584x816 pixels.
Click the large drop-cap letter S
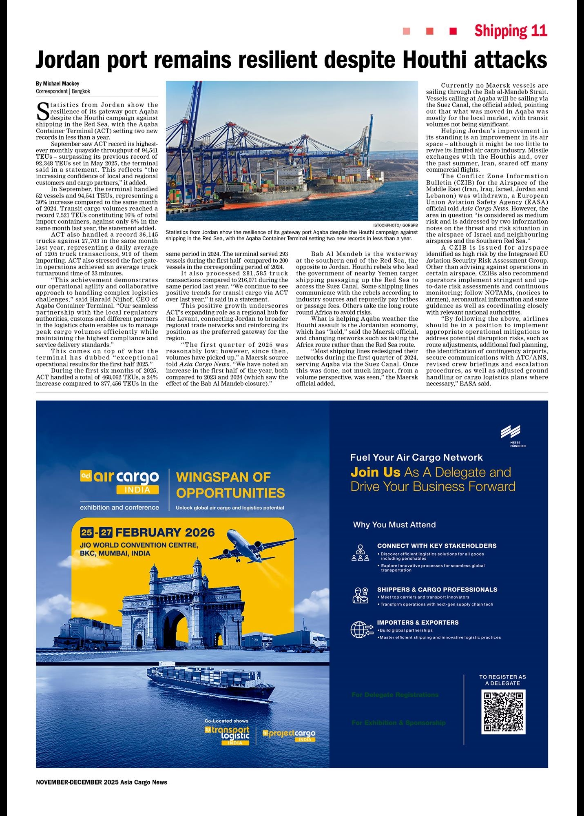[43, 111]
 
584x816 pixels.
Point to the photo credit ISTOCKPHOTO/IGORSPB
[395, 225]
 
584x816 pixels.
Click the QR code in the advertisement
[503, 712]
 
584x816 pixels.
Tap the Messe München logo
[511, 435]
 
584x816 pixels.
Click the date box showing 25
[86, 532]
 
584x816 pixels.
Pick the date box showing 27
[106, 532]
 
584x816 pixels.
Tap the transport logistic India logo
[227, 735]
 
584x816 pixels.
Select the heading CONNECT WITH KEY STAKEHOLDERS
[436, 546]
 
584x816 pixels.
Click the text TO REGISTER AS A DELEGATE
[502, 680]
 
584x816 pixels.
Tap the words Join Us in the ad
[375, 472]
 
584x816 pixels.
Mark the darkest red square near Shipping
[453, 31]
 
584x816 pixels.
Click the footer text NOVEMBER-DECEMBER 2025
[77, 782]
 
